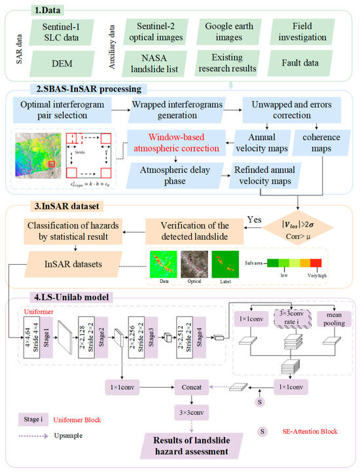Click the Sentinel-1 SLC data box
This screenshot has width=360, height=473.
click(58, 31)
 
